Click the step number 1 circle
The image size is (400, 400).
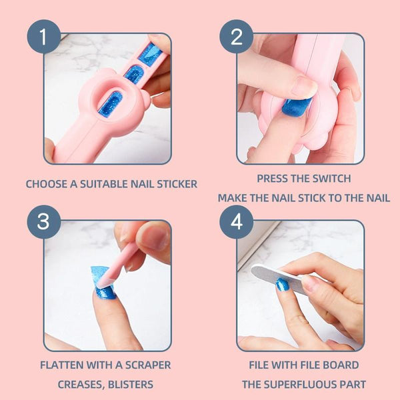tap(43, 37)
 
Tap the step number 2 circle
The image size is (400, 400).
tap(236, 37)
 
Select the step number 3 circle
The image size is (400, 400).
tap(43, 222)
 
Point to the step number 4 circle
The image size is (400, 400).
tap(236, 222)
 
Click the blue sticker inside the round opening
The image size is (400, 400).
tap(111, 105)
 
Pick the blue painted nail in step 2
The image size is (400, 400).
tap(296, 107)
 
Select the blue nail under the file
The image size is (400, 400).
tap(283, 285)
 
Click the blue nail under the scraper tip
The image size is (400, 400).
tap(105, 293)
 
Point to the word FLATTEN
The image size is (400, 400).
tap(62, 365)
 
